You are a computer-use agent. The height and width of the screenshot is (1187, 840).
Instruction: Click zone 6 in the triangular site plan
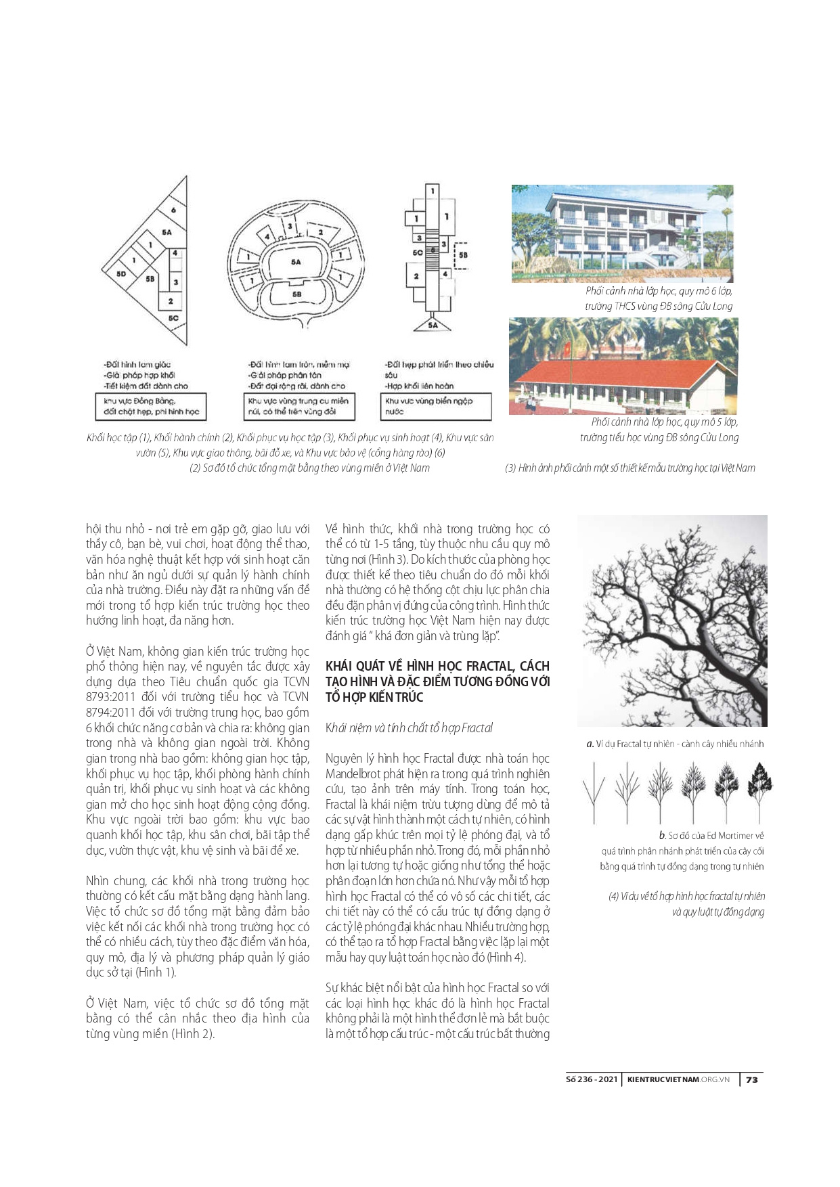(173, 210)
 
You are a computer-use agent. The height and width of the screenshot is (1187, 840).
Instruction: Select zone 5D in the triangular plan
(121, 274)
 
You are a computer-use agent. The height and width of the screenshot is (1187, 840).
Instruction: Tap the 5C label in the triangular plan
(173, 317)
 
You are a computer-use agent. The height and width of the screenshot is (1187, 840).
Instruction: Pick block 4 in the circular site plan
(267, 236)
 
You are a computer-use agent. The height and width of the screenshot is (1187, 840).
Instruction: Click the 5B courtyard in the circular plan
(296, 295)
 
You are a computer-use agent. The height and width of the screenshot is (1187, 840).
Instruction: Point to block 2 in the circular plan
(320, 232)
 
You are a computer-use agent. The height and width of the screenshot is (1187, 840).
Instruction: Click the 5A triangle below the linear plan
(433, 324)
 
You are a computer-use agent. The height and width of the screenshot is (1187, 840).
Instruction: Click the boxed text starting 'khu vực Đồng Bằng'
(151, 406)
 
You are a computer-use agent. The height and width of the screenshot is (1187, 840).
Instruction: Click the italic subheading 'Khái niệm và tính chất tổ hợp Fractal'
(409, 728)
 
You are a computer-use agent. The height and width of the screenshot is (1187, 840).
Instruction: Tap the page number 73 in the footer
(751, 1080)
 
